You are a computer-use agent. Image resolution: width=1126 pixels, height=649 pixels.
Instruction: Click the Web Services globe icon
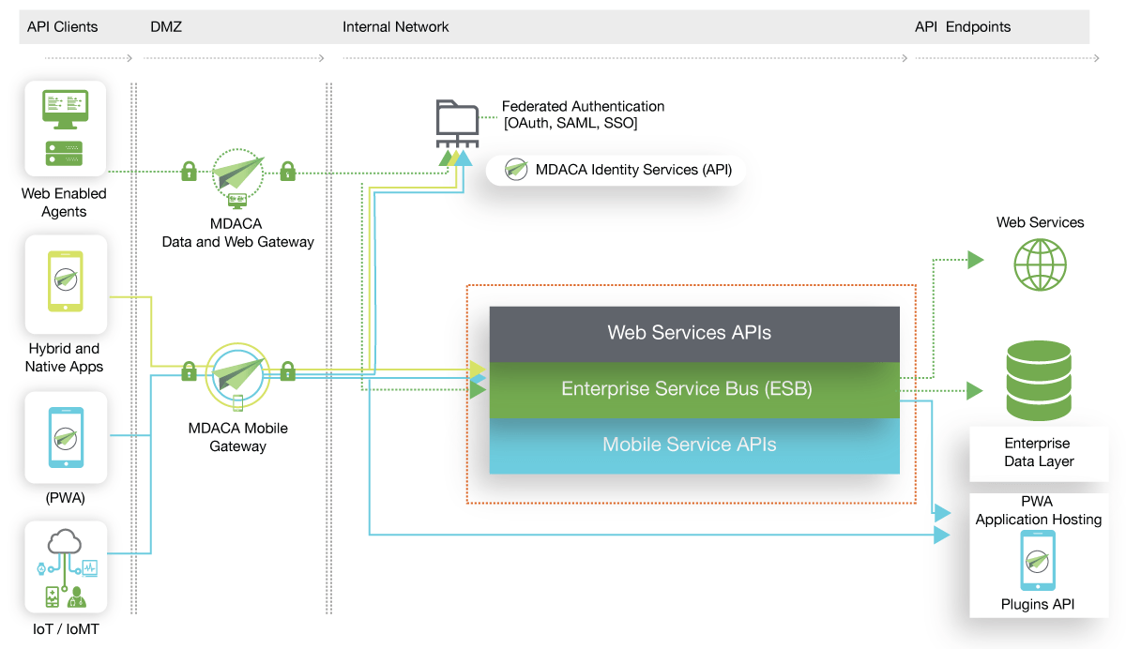tap(1040, 264)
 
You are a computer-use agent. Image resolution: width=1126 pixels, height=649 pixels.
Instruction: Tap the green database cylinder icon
tap(1039, 381)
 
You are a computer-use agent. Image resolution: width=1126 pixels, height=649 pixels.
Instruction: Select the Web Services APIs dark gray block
tap(694, 334)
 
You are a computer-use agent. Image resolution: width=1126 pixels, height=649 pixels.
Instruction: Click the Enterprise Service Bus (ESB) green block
tap(694, 390)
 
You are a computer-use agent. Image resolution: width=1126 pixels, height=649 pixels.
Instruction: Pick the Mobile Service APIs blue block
tap(694, 445)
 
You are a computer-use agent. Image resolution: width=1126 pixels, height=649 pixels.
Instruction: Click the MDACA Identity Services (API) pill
tap(616, 170)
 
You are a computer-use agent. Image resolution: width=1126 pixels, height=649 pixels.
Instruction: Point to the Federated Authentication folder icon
tap(457, 124)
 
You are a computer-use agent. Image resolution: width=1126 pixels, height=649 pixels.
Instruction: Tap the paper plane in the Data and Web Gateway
tap(237, 174)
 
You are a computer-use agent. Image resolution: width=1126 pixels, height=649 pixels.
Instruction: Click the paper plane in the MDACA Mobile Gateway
tap(237, 373)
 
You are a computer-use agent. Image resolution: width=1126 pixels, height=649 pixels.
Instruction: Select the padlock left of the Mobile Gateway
tap(189, 371)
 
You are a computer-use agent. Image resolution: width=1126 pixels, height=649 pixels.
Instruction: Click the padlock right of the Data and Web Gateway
tap(287, 171)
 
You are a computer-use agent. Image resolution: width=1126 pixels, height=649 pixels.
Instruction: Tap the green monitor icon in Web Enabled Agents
tap(66, 109)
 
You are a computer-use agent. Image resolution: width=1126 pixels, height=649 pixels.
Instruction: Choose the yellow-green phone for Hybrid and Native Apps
tap(66, 281)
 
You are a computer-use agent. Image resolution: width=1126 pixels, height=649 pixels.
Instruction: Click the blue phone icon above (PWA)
tap(66, 438)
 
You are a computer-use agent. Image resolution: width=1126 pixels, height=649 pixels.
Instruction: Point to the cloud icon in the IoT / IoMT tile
tap(65, 541)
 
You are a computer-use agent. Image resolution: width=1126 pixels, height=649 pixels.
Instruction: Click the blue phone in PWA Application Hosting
tap(1038, 560)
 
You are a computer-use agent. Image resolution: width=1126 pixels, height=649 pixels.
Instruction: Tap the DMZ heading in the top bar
tap(166, 26)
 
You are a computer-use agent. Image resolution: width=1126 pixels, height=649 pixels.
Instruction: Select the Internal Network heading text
tap(396, 26)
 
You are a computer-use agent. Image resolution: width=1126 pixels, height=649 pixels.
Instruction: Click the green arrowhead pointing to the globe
tap(976, 260)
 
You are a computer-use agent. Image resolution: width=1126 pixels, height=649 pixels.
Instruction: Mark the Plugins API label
tap(1038, 604)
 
